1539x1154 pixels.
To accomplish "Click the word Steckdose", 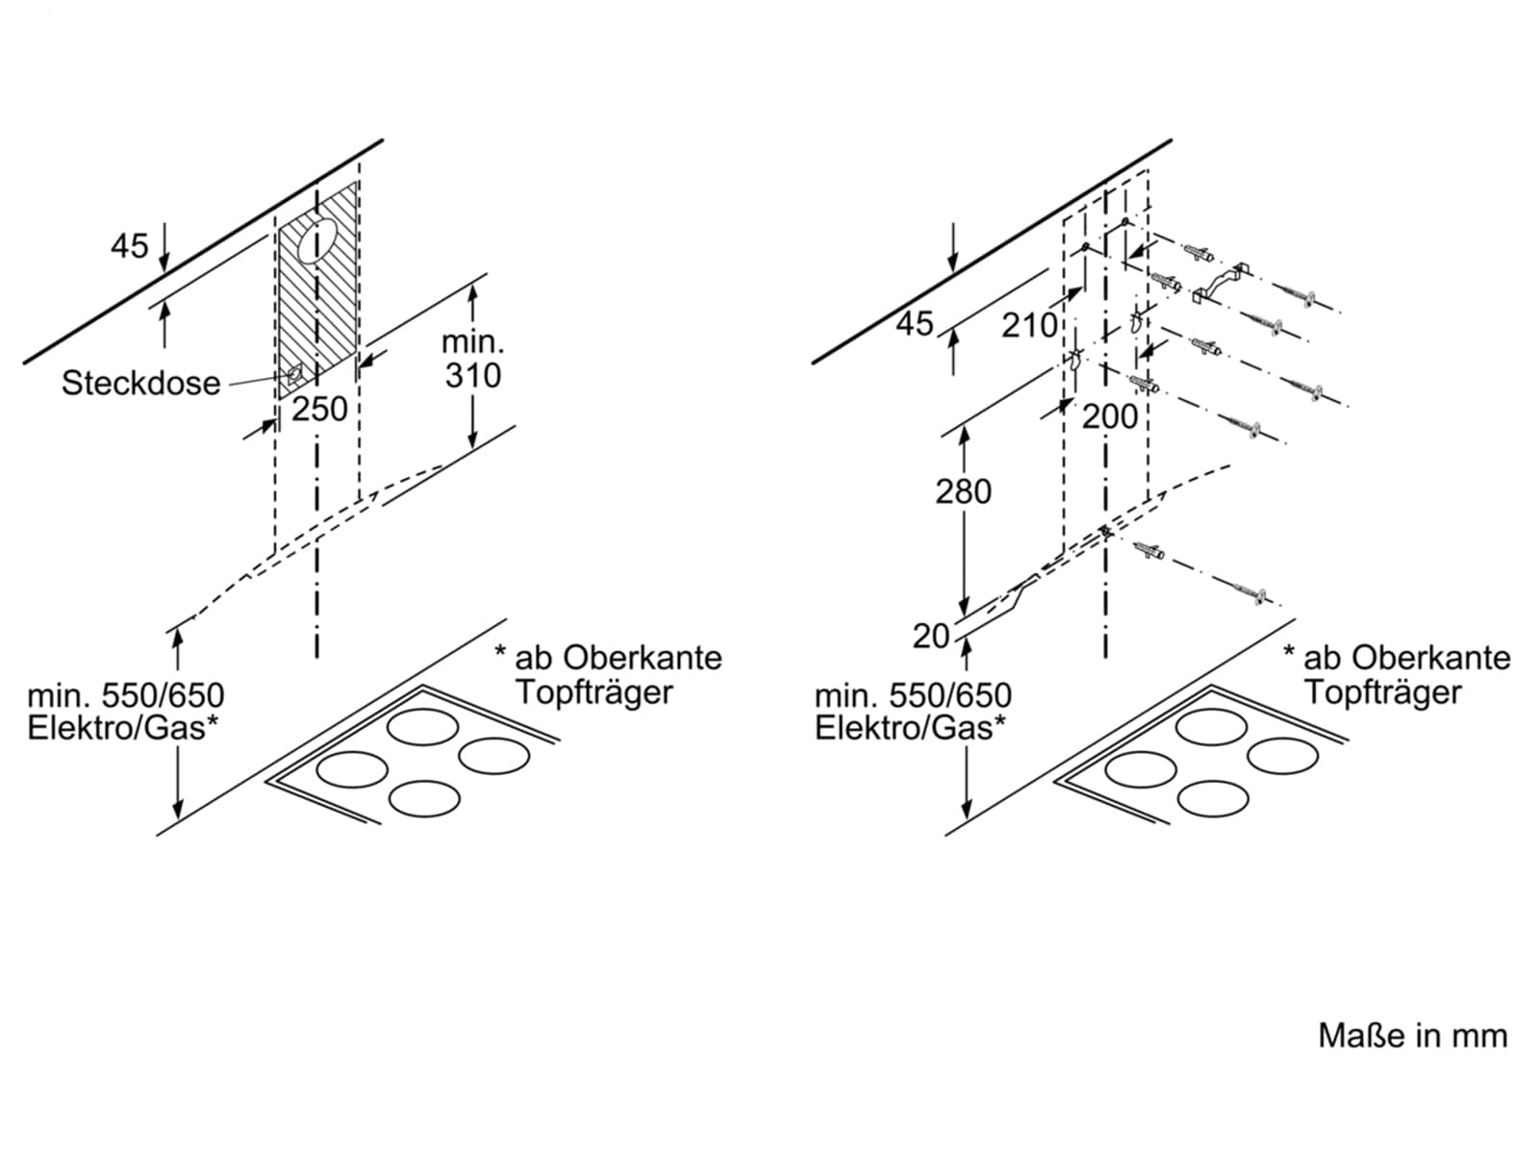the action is (x=141, y=384).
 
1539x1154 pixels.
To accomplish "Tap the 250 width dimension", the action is (x=319, y=410).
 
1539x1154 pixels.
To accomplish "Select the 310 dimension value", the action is (x=473, y=376).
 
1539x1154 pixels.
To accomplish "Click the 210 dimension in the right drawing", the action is (x=1028, y=326).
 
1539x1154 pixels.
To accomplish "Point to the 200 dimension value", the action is (x=1109, y=417).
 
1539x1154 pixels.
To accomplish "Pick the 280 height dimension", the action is (x=964, y=491).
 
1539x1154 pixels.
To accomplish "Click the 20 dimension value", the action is (x=931, y=637).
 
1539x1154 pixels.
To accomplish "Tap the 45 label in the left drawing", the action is (x=130, y=246).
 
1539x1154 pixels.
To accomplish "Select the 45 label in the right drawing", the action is (x=915, y=324).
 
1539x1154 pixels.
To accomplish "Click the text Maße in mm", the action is (x=1413, y=1037).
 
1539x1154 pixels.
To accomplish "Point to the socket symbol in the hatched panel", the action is (x=294, y=374).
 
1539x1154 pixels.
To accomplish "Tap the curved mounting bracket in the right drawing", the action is (x=1220, y=283).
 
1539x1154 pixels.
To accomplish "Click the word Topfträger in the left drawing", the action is (x=593, y=692).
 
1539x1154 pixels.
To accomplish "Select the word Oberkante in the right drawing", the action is (x=1430, y=658).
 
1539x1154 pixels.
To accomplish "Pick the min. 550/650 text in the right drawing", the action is (x=913, y=695).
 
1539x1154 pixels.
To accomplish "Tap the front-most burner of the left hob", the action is (x=424, y=799).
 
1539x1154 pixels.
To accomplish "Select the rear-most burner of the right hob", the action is (x=1211, y=727).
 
